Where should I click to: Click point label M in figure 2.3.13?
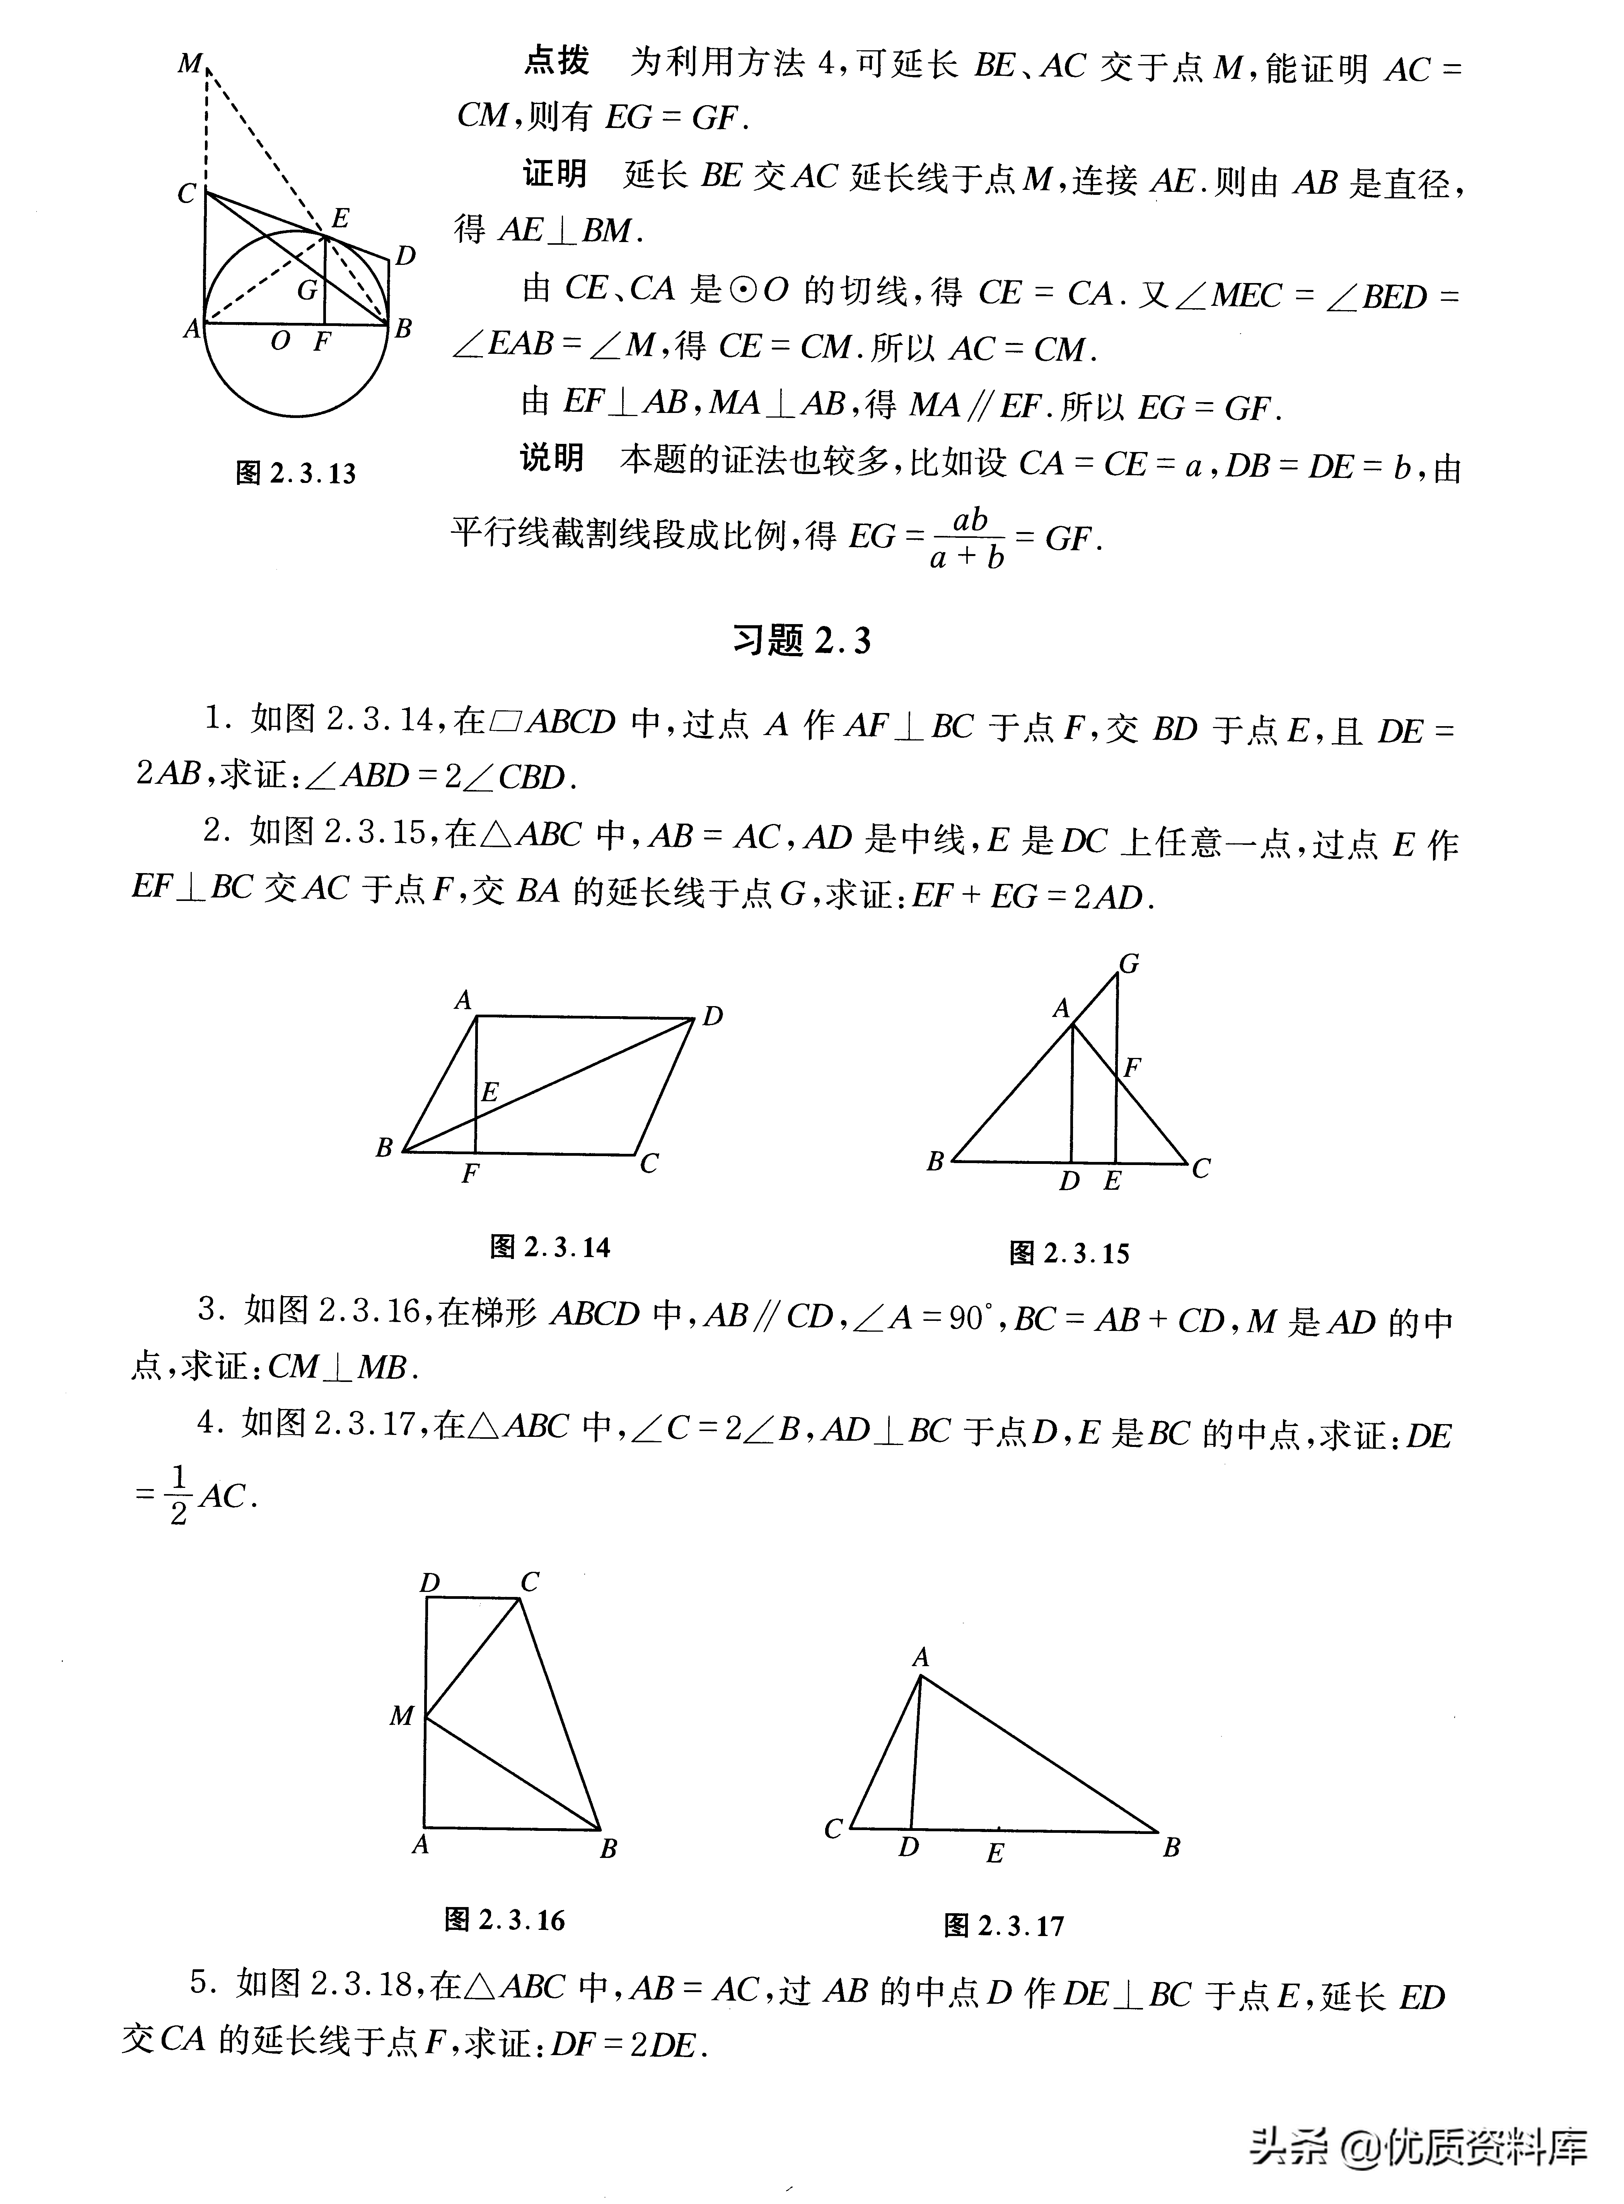pyautogui.click(x=190, y=65)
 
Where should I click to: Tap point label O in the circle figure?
pyautogui.click(x=280, y=341)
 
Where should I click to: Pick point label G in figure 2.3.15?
pyautogui.click(x=1129, y=964)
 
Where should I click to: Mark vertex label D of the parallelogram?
pyautogui.click(x=713, y=1017)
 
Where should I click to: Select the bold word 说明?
pyautogui.click(x=551, y=458)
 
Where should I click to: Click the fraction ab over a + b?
pyautogui.click(x=968, y=539)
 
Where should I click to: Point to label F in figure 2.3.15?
pyautogui.click(x=1133, y=1066)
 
